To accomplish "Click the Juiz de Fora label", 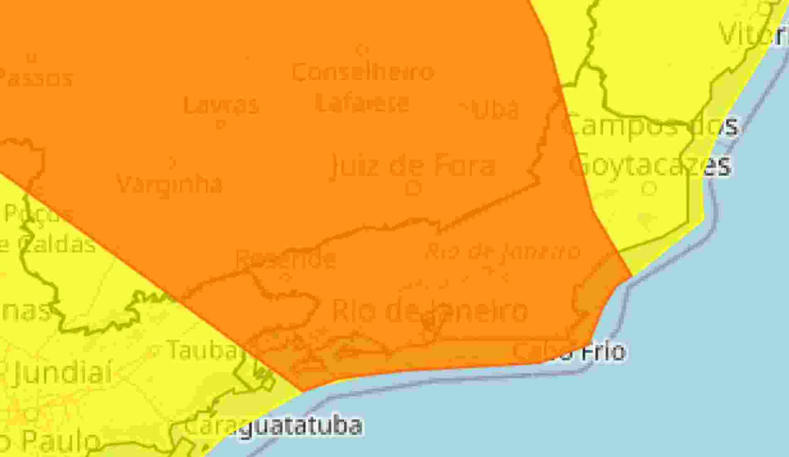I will tap(413, 165).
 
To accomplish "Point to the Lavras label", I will tap(221, 105).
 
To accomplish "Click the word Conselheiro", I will tap(363, 72).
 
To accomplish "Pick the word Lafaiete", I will tap(363, 103).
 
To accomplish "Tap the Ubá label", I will tap(494, 109).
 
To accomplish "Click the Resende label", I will tap(286, 258).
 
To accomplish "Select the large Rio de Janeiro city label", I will tap(430, 310).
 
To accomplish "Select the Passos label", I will tap(35, 78).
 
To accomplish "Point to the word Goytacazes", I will tap(650, 165).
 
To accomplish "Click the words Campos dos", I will tap(652, 125).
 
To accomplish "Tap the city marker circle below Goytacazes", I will tap(649, 189).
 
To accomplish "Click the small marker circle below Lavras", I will tap(221, 123).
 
